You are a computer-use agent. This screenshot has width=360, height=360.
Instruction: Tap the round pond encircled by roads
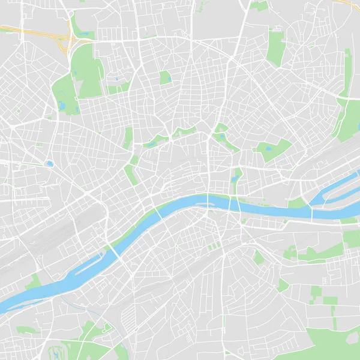click(49, 163)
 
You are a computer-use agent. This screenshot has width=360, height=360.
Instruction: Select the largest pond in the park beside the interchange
click(62, 106)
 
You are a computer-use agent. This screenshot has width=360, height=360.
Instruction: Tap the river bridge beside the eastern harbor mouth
click(311, 211)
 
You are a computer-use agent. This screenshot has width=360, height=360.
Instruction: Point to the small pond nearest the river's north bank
click(233, 178)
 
